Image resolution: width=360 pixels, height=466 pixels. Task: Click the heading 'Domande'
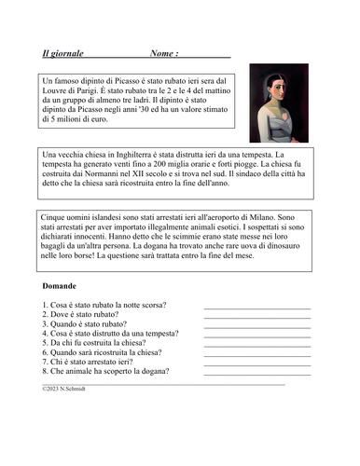[x=60, y=286]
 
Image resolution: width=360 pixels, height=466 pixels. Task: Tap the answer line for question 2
[x=256, y=318]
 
